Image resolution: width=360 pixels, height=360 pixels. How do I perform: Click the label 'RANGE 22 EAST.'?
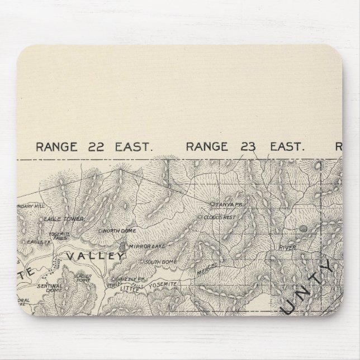point(94,147)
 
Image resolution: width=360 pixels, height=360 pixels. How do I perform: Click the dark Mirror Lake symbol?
point(123,246)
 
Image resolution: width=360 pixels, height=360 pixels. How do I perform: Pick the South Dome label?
point(161,262)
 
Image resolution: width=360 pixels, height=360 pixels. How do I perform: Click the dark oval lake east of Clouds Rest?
point(304,228)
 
